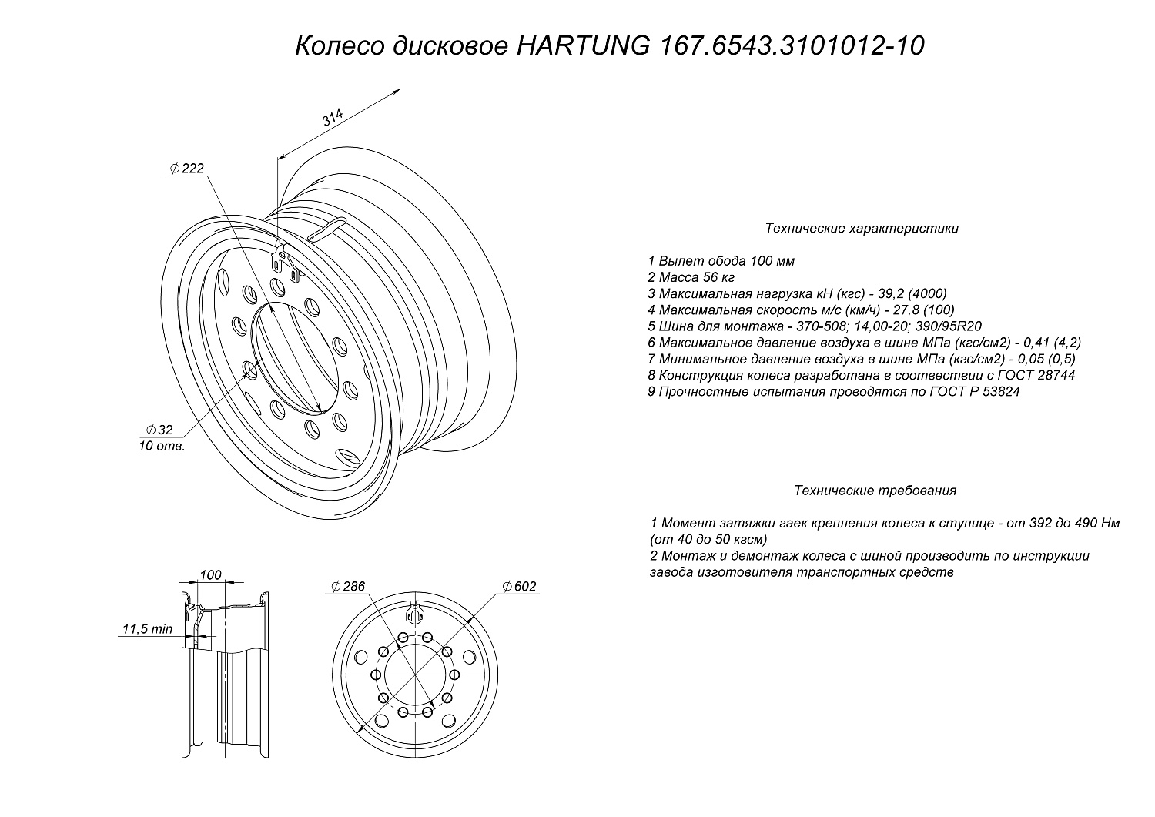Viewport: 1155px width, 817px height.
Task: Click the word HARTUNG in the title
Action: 578,46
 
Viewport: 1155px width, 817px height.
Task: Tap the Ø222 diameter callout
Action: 186,169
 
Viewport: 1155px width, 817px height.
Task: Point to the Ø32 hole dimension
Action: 159,430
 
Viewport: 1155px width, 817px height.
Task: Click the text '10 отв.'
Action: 162,446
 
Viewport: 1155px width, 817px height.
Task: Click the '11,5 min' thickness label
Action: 147,629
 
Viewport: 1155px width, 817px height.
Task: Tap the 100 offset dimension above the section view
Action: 210,575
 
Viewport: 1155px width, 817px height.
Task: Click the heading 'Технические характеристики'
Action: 862,229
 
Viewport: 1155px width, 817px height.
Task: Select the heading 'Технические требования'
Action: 875,491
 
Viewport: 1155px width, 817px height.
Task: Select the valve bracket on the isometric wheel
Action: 283,260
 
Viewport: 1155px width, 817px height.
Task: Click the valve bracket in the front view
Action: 416,614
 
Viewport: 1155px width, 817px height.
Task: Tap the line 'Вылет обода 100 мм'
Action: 721,261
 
